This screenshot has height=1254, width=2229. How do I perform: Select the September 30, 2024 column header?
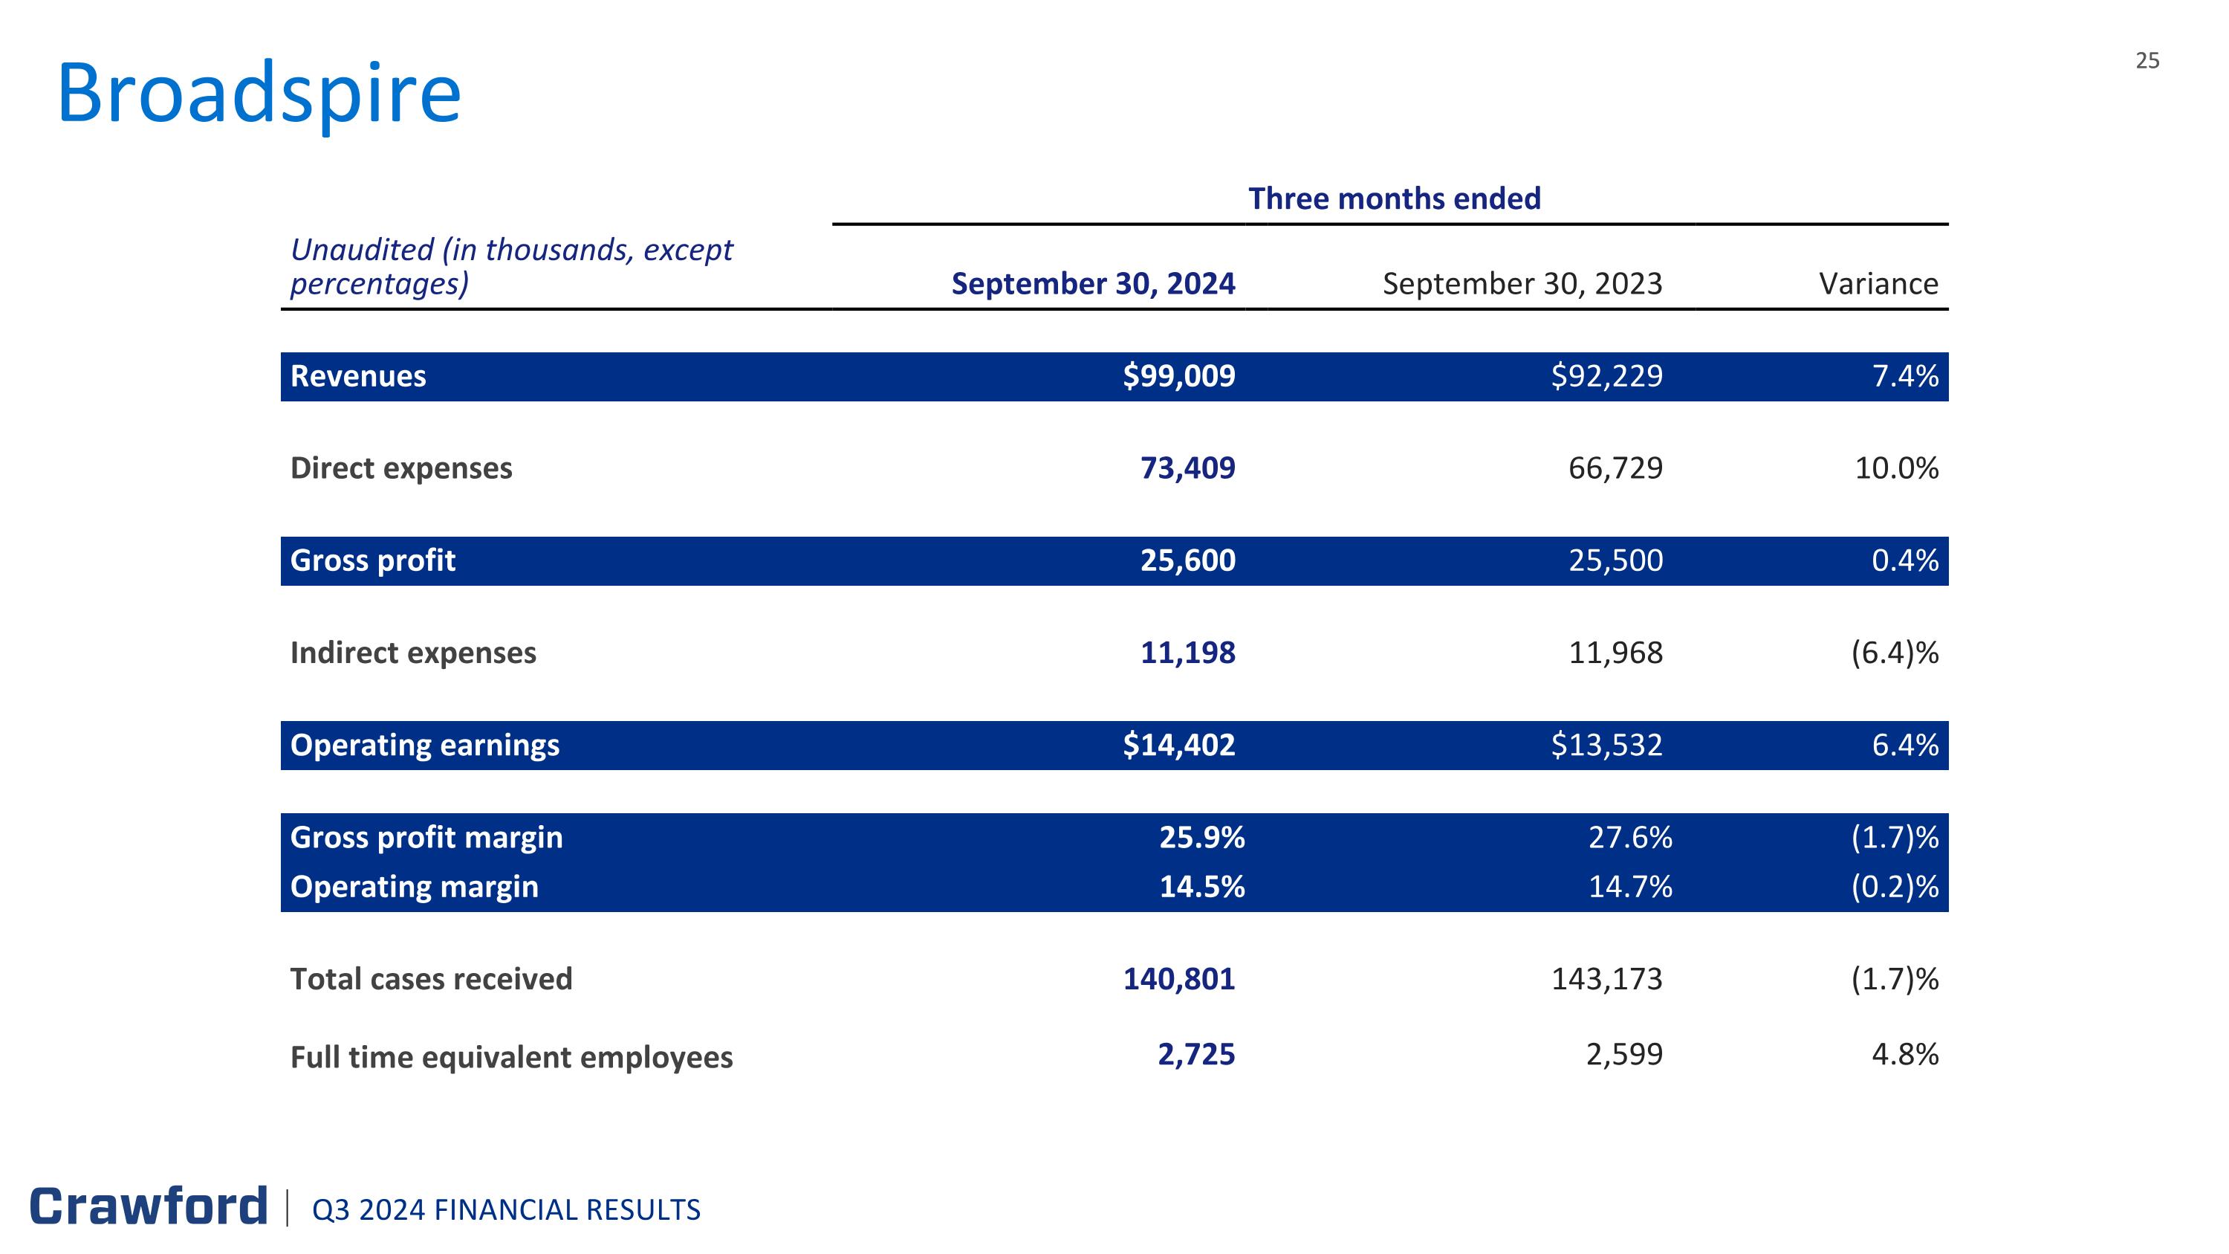1093,284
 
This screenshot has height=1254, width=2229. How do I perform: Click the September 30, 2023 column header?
1522,284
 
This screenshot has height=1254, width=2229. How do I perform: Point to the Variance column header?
1878,284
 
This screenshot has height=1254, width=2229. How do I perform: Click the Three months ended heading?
1394,198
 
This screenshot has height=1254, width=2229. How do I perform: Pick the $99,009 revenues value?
1178,376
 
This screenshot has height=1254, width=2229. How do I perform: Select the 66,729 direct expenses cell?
1615,468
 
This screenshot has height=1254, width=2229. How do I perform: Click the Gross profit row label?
373,560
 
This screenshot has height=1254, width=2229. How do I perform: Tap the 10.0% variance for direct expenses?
1897,468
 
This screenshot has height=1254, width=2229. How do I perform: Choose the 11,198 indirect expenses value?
1187,653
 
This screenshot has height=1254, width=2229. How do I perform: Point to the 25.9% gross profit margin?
1202,838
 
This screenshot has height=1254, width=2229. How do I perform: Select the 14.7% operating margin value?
1630,887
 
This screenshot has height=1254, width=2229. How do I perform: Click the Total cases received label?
431,979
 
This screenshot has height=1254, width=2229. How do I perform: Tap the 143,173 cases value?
1607,979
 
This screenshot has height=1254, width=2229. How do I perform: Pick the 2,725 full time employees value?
1197,1054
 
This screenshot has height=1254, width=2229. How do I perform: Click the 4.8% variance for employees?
1905,1054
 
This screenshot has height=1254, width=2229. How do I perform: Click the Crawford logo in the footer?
149,1206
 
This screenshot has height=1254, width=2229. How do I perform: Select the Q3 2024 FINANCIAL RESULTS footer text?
506,1210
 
